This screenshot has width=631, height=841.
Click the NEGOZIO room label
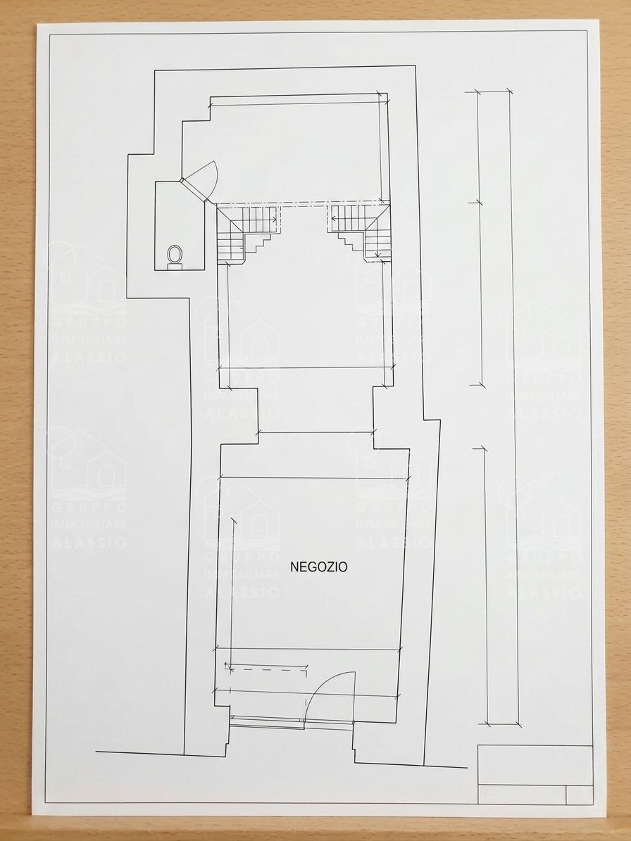coord(319,567)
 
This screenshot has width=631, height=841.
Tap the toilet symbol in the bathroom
coord(175,256)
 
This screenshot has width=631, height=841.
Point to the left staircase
coord(248,234)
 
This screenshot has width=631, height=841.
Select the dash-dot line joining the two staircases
coord(302,204)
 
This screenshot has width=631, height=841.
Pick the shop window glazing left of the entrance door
coord(267,721)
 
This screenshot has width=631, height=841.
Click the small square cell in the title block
coord(580,795)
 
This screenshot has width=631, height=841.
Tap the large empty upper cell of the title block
coord(535,766)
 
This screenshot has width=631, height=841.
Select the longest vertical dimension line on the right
coord(513,407)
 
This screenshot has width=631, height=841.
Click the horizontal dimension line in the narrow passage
coord(315,432)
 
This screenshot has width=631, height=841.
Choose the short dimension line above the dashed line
coord(266,666)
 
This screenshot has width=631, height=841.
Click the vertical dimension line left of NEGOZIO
coord(232,595)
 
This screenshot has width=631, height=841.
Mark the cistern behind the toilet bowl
coord(175,267)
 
